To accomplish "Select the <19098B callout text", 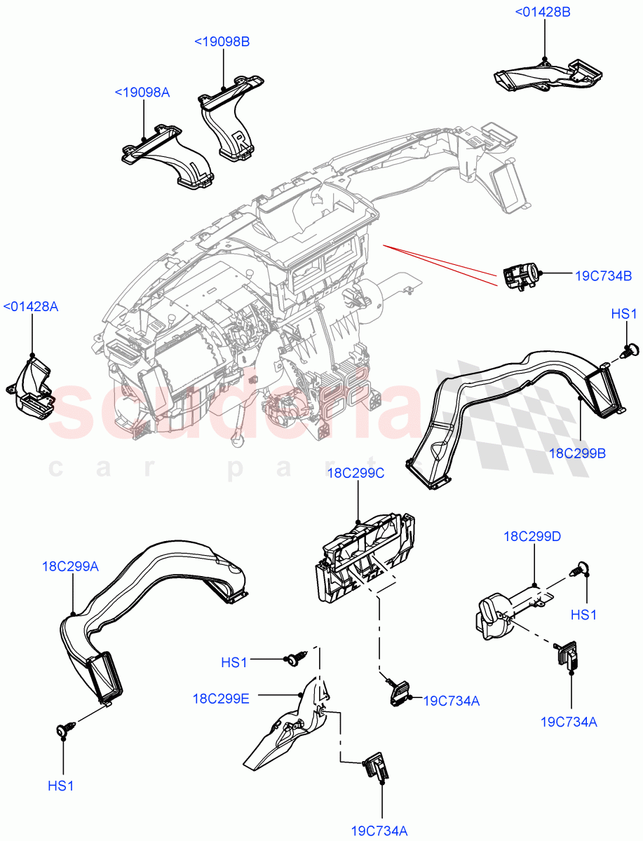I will [x=222, y=42].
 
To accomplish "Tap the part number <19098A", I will [x=142, y=93].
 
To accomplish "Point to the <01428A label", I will [x=31, y=306].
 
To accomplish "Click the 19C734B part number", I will [x=604, y=275].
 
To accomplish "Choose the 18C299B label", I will [x=577, y=453].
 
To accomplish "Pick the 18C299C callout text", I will [x=356, y=474].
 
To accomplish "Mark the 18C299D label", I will [x=532, y=537].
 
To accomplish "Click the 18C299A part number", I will [x=70, y=566].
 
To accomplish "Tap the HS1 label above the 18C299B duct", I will [x=623, y=314].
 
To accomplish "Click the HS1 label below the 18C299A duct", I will [x=61, y=786].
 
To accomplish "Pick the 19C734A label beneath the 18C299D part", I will [x=569, y=722].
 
